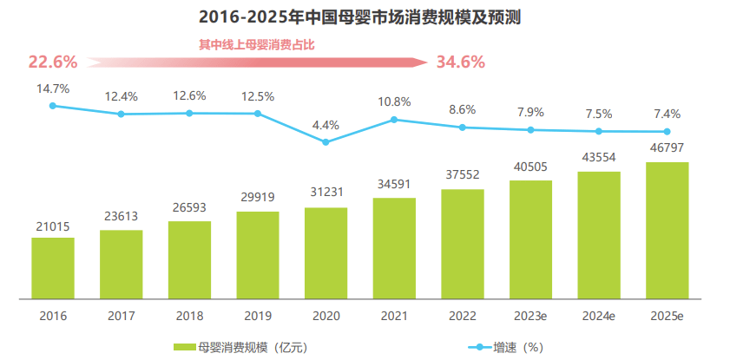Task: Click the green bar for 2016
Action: click(x=53, y=268)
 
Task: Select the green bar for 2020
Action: click(x=326, y=253)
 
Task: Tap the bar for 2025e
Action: click(x=667, y=230)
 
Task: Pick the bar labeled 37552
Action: click(x=462, y=244)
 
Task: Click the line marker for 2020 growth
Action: click(x=326, y=142)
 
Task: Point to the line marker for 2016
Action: click(x=53, y=106)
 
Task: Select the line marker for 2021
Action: click(x=394, y=120)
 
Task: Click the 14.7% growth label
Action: click(x=53, y=88)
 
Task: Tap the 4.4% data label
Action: click(x=326, y=125)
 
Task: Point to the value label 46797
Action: click(x=667, y=147)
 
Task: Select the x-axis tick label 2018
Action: click(x=189, y=316)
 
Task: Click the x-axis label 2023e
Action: click(x=530, y=316)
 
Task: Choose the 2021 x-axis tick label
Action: click(x=394, y=316)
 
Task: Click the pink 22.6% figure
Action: click(x=53, y=62)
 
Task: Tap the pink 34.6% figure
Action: click(x=460, y=62)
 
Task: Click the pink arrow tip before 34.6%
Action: click(x=423, y=62)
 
